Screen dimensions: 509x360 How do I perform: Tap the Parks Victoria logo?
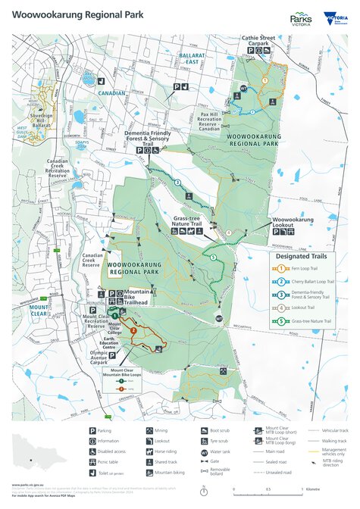300,19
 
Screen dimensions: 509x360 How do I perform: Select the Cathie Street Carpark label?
263,40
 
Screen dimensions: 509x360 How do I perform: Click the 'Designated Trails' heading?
300,255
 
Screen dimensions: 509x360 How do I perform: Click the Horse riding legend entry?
159,451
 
